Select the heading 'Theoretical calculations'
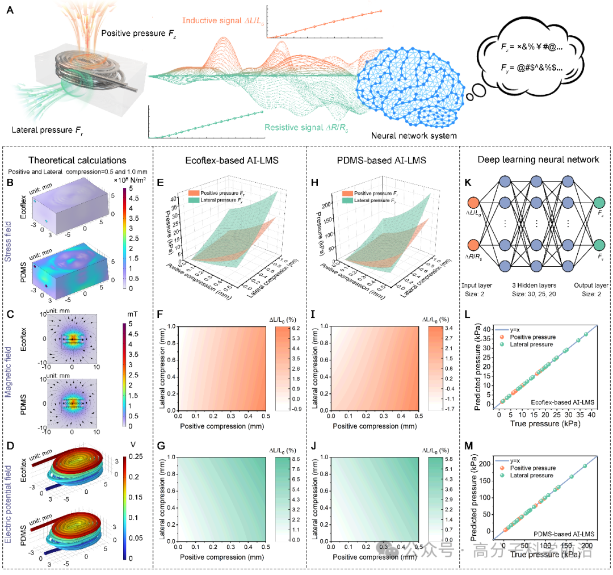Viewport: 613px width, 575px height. (78, 161)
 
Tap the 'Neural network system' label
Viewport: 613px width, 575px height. (405, 136)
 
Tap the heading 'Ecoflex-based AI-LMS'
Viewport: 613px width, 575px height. (229, 161)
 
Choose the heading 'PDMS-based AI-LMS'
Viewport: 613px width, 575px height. (383, 161)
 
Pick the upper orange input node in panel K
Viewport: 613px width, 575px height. (475, 204)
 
